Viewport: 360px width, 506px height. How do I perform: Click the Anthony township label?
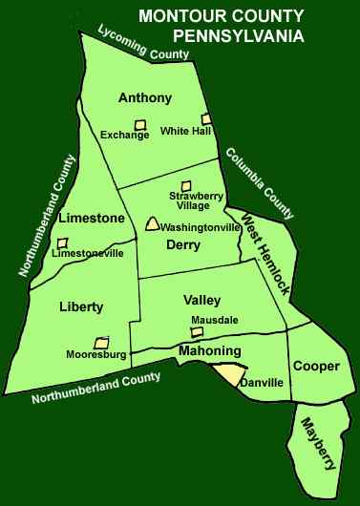click(x=144, y=98)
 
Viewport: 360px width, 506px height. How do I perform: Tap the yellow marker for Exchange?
click(x=139, y=123)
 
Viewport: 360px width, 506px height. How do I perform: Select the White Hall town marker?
click(x=206, y=119)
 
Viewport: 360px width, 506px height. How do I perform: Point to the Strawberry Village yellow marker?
click(x=187, y=186)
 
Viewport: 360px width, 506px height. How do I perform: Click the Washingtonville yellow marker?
click(x=151, y=224)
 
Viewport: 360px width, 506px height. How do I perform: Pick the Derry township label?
click(x=181, y=244)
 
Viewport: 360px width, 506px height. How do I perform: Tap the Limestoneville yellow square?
click(x=62, y=242)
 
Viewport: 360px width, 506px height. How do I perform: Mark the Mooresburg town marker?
click(x=100, y=342)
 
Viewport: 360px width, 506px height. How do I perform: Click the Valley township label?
click(x=201, y=301)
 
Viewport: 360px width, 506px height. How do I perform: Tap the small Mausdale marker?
click(x=197, y=332)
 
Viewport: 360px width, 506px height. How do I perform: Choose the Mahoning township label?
click(x=209, y=352)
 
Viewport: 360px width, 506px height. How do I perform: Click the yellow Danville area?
click(x=233, y=374)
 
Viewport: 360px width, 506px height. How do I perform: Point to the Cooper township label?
click(x=315, y=366)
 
